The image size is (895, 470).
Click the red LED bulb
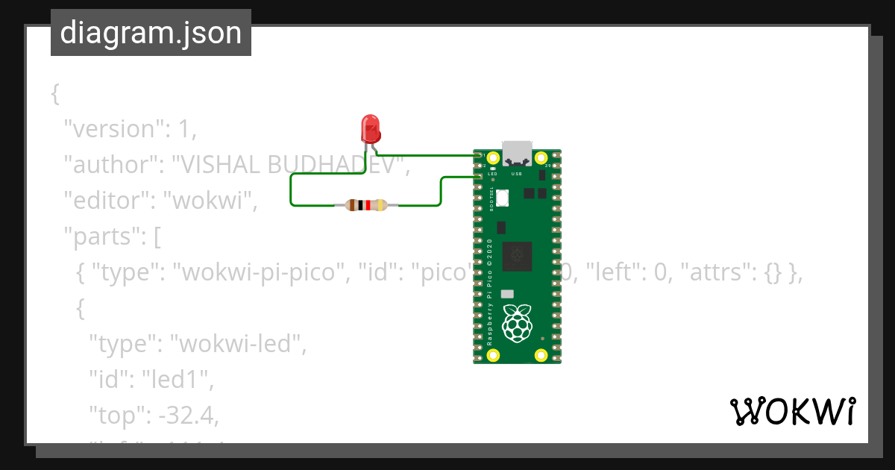coord(370,128)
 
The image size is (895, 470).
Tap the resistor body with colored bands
coord(366,205)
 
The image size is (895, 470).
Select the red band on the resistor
coord(368,205)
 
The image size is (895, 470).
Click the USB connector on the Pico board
coord(517,152)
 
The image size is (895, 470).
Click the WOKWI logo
coord(792,411)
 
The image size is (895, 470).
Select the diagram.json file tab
coord(151,33)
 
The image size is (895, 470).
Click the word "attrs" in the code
coord(735,273)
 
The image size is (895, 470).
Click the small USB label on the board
coord(516,174)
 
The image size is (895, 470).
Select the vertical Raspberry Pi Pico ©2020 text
coord(490,291)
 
